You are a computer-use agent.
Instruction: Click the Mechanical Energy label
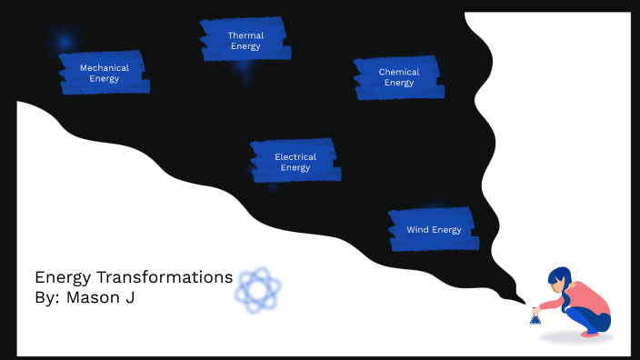(x=104, y=73)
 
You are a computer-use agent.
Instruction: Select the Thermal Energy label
(x=245, y=41)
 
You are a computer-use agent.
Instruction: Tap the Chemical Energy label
(x=398, y=77)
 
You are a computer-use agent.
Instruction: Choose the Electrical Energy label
(x=295, y=162)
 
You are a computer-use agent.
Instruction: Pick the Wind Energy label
(x=433, y=229)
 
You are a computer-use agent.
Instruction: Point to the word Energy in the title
(x=65, y=277)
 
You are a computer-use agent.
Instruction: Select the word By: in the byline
(x=47, y=297)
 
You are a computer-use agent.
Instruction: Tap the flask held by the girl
(x=535, y=316)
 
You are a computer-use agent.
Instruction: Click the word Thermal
(x=245, y=35)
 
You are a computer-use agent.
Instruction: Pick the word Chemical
(x=399, y=72)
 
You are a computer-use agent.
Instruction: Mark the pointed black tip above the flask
(x=523, y=301)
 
